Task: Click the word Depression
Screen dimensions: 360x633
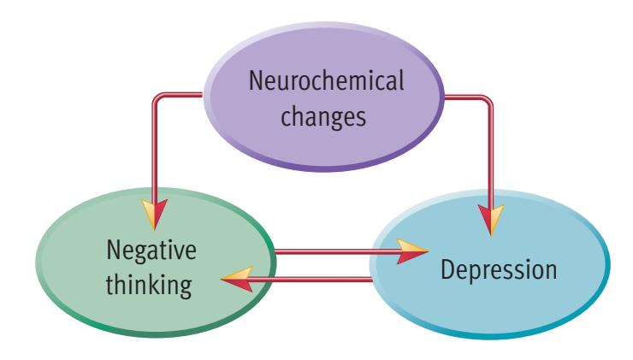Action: (499, 272)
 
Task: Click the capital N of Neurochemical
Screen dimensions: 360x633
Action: (256, 84)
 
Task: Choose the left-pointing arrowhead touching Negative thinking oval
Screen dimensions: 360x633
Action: (236, 278)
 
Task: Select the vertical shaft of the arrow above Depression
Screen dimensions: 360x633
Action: (490, 154)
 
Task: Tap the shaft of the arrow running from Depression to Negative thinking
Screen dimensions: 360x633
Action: (316, 278)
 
